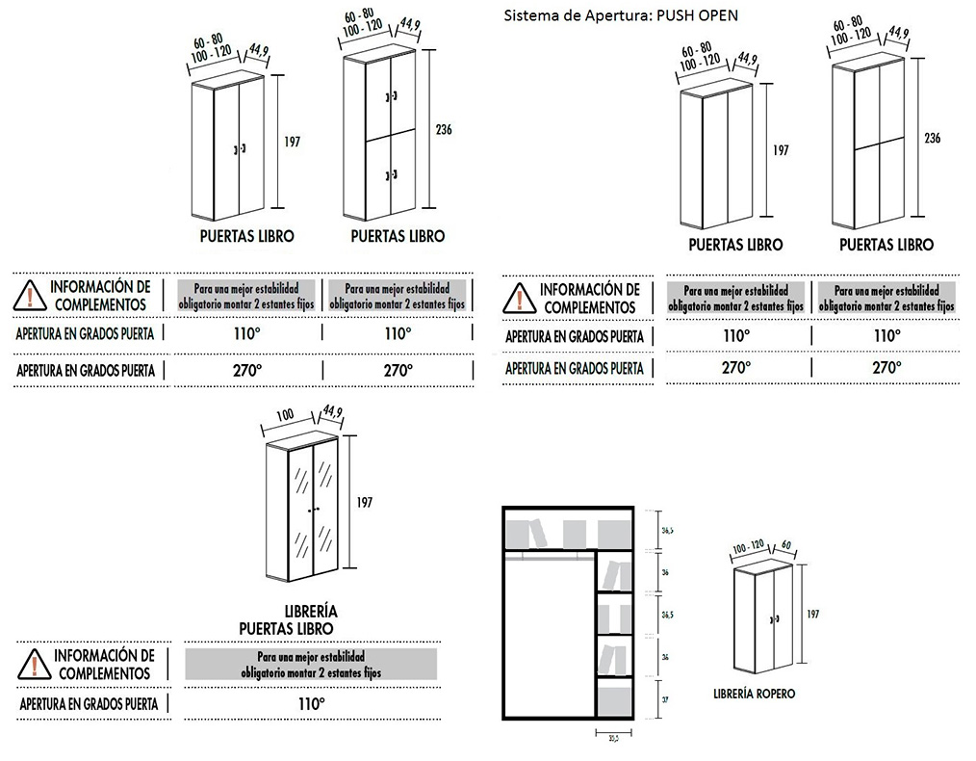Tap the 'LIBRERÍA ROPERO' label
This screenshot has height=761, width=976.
(755, 693)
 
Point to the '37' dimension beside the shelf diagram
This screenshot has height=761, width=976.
(665, 701)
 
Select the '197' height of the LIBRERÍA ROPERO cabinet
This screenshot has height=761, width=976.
(812, 613)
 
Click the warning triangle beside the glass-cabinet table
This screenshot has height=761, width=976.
(35, 664)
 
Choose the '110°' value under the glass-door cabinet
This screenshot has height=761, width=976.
(311, 704)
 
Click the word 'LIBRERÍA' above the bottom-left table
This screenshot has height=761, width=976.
(311, 612)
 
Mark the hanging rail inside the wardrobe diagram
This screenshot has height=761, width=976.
(548, 555)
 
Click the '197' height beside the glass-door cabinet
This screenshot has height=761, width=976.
(364, 502)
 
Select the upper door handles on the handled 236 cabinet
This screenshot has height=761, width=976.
(390, 97)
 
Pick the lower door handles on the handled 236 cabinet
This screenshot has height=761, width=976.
(390, 174)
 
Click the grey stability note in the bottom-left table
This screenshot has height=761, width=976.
(311, 664)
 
